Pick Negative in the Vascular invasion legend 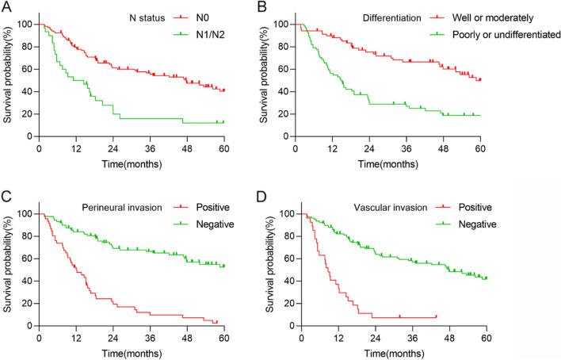[478, 224]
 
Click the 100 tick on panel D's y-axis [287, 214]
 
